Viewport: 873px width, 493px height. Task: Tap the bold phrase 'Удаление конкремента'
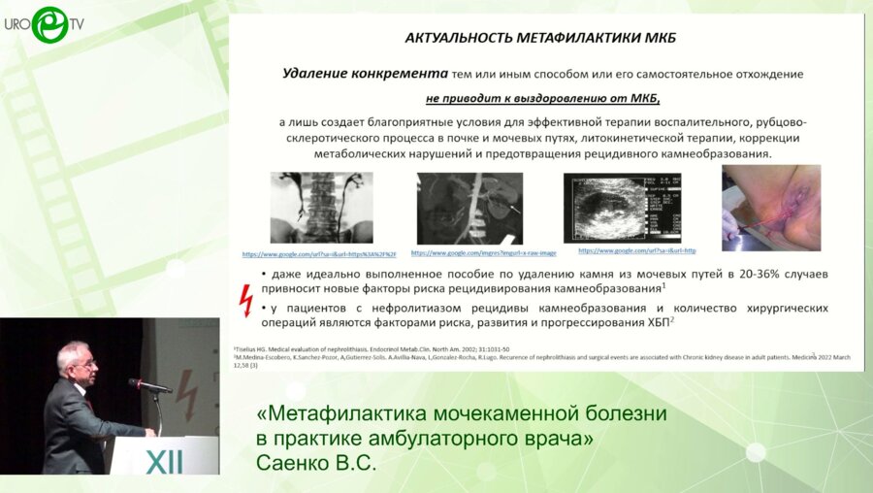(x=365, y=73)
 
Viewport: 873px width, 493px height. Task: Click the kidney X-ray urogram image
(x=322, y=207)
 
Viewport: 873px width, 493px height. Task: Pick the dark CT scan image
(x=469, y=207)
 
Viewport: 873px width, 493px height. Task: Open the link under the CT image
(x=469, y=252)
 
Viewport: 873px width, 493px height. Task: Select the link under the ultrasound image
(x=637, y=250)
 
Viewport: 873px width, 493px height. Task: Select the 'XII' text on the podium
(x=164, y=461)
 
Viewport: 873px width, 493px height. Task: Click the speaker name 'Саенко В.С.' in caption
(x=315, y=463)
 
